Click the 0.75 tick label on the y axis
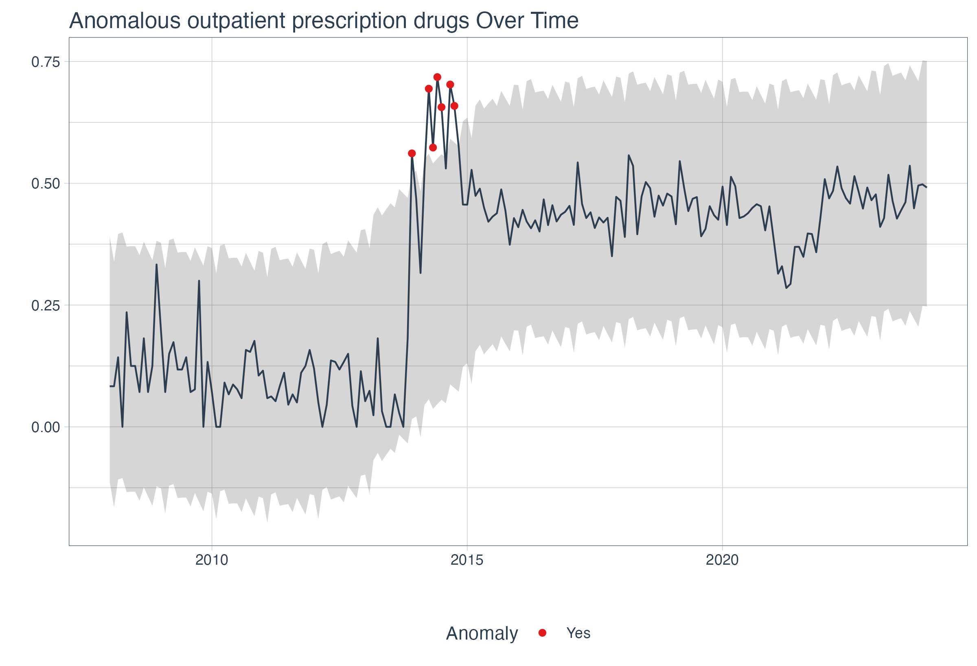click(46, 62)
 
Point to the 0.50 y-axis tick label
click(46, 184)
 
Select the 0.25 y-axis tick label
click(46, 306)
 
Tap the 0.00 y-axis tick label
click(46, 428)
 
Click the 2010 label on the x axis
click(211, 560)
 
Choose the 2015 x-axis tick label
click(467, 560)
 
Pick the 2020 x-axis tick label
click(722, 560)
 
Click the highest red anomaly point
click(437, 77)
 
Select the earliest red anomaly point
click(412, 153)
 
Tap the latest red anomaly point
click(454, 106)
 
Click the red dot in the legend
click(542, 633)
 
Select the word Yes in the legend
click(578, 633)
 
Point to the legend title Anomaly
click(482, 633)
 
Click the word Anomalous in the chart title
click(125, 21)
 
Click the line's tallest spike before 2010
click(156, 265)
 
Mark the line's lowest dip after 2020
click(786, 288)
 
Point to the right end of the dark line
click(926, 187)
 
